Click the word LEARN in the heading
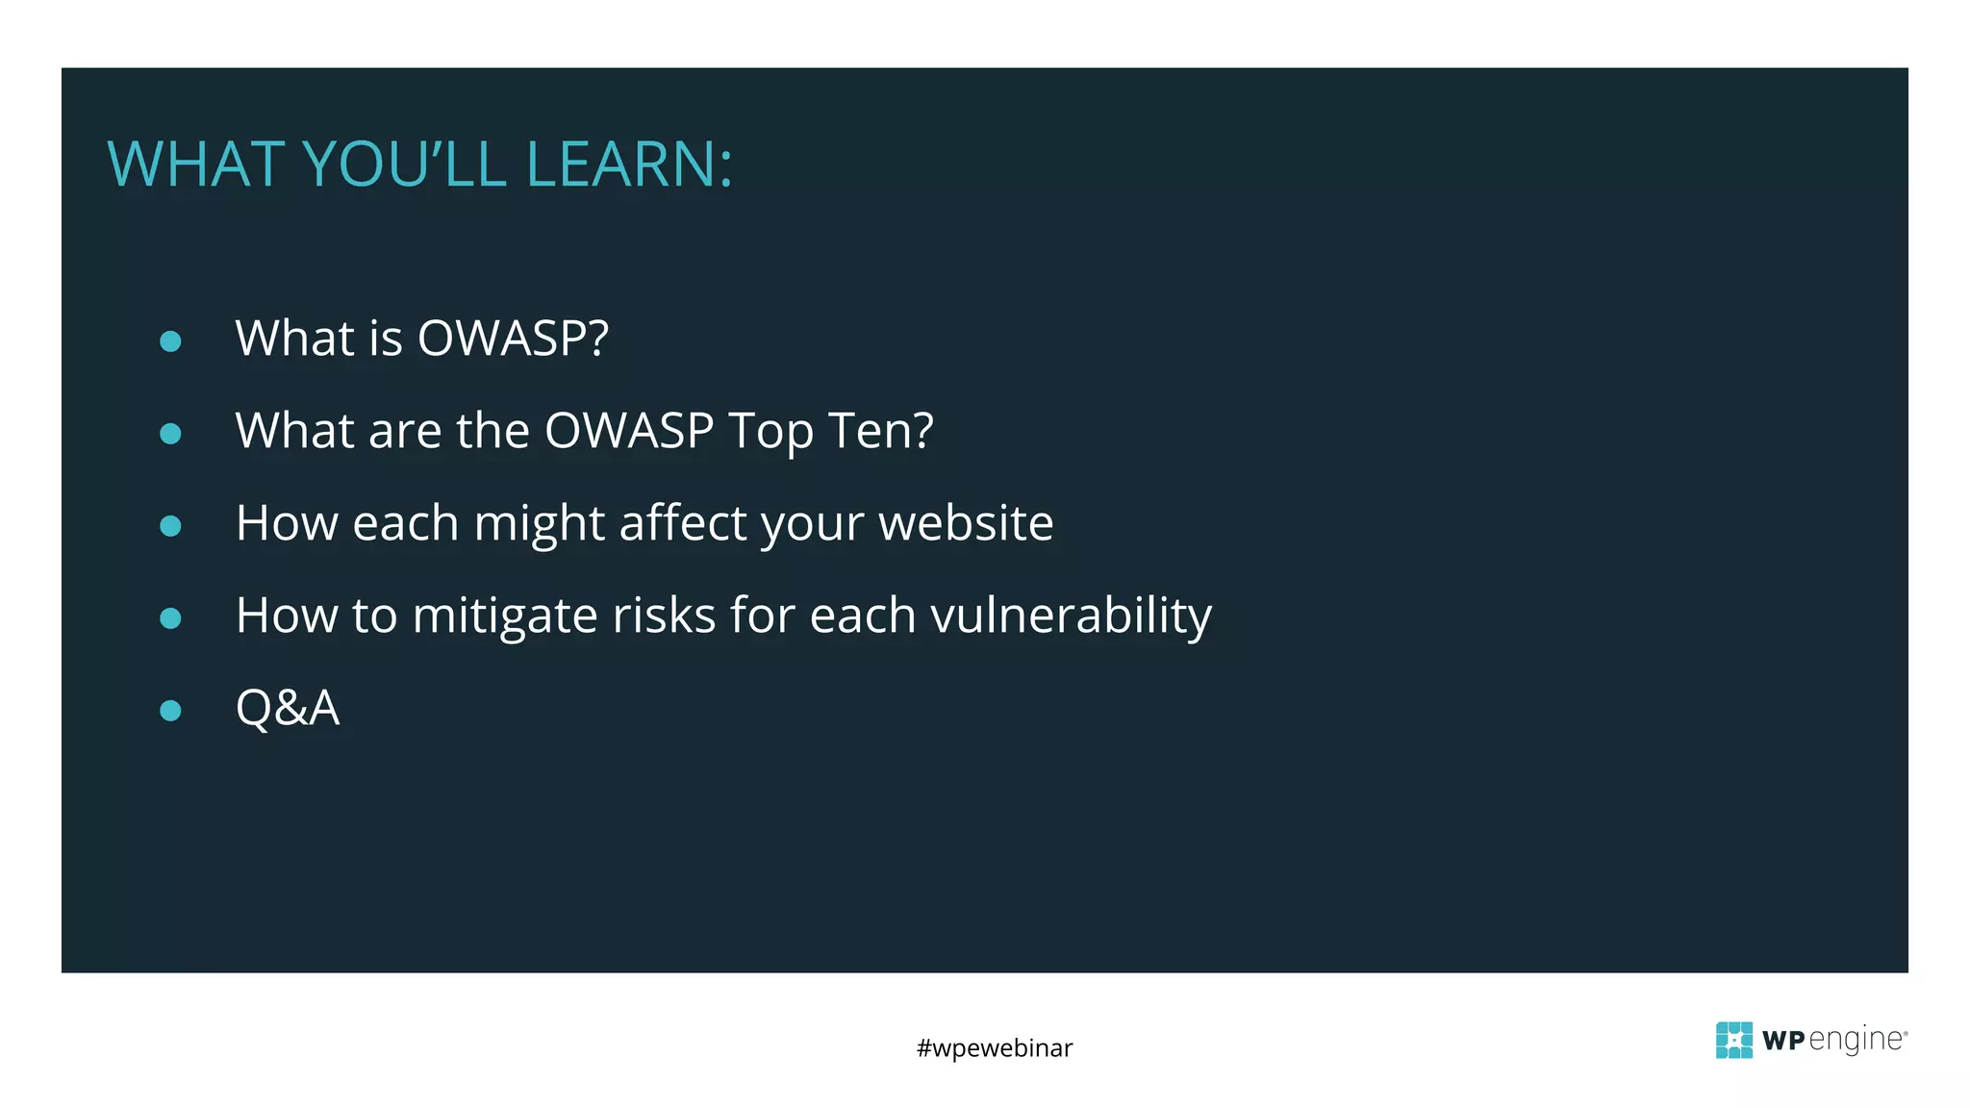628,164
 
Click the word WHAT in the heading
194,164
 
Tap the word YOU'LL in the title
404,164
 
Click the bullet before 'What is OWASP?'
170,341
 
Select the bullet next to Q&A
170,711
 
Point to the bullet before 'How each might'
170,526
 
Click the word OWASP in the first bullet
512,339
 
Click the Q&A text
288,709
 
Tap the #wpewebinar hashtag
995,1047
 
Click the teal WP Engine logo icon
1734,1040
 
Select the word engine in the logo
1856,1041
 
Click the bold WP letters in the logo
1783,1041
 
